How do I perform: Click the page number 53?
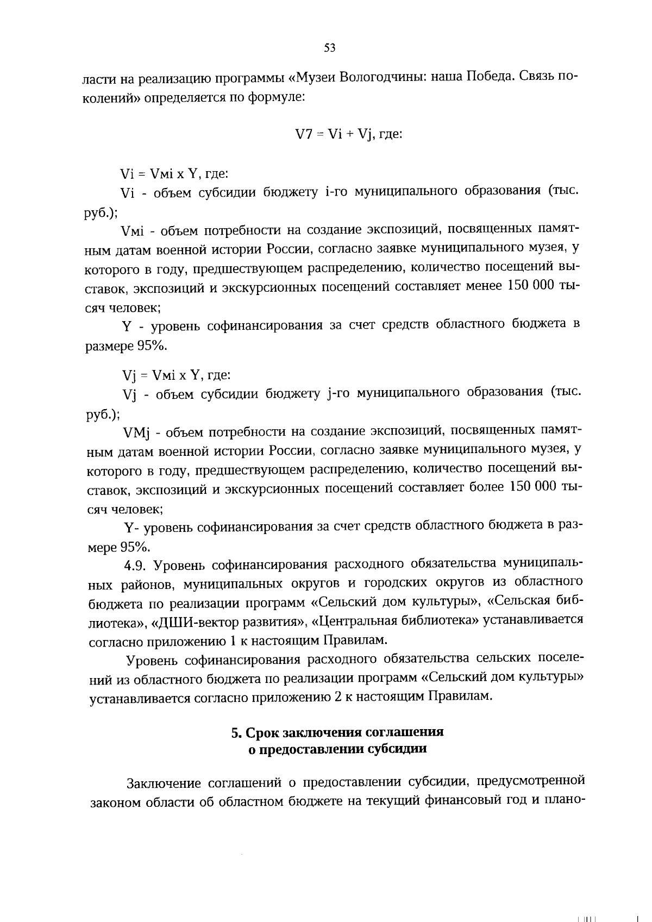[x=330, y=48]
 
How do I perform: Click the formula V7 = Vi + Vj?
[x=348, y=134]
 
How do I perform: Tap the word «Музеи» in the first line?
[x=314, y=77]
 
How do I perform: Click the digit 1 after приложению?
[x=233, y=641]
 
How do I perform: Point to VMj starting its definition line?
[x=136, y=432]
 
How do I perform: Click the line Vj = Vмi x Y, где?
[x=177, y=375]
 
